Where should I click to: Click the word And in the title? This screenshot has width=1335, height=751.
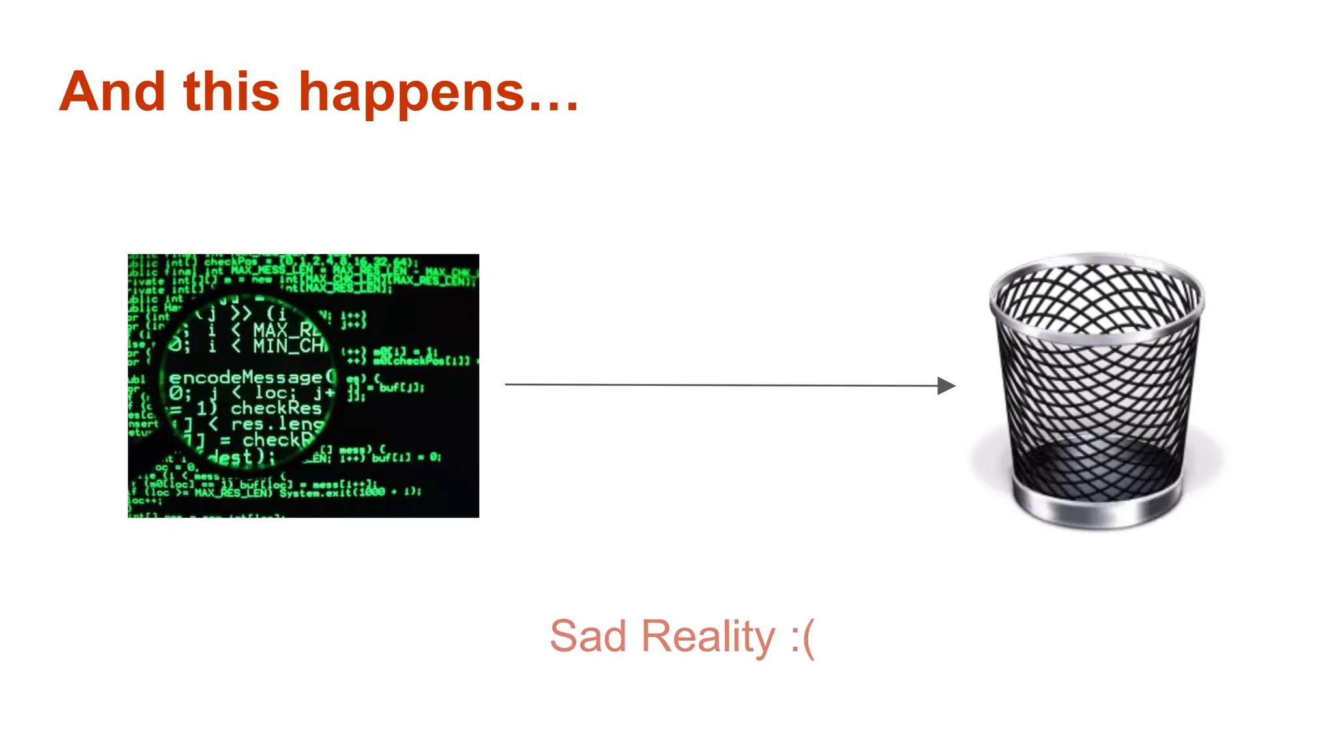112,92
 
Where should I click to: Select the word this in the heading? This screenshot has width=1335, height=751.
231,92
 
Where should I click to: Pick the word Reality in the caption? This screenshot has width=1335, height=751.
708,638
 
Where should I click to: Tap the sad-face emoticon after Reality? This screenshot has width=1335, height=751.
802,638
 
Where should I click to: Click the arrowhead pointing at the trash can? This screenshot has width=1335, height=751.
946,386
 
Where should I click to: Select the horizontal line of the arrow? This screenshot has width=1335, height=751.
717,385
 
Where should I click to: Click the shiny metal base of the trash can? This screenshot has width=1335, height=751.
1096,512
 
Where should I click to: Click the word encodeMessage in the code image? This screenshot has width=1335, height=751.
245,377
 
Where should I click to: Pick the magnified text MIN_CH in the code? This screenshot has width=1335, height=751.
290,345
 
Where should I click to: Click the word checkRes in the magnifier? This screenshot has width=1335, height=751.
276,408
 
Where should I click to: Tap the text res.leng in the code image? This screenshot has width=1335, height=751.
277,424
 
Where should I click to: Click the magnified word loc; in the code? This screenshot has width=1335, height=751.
275,392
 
